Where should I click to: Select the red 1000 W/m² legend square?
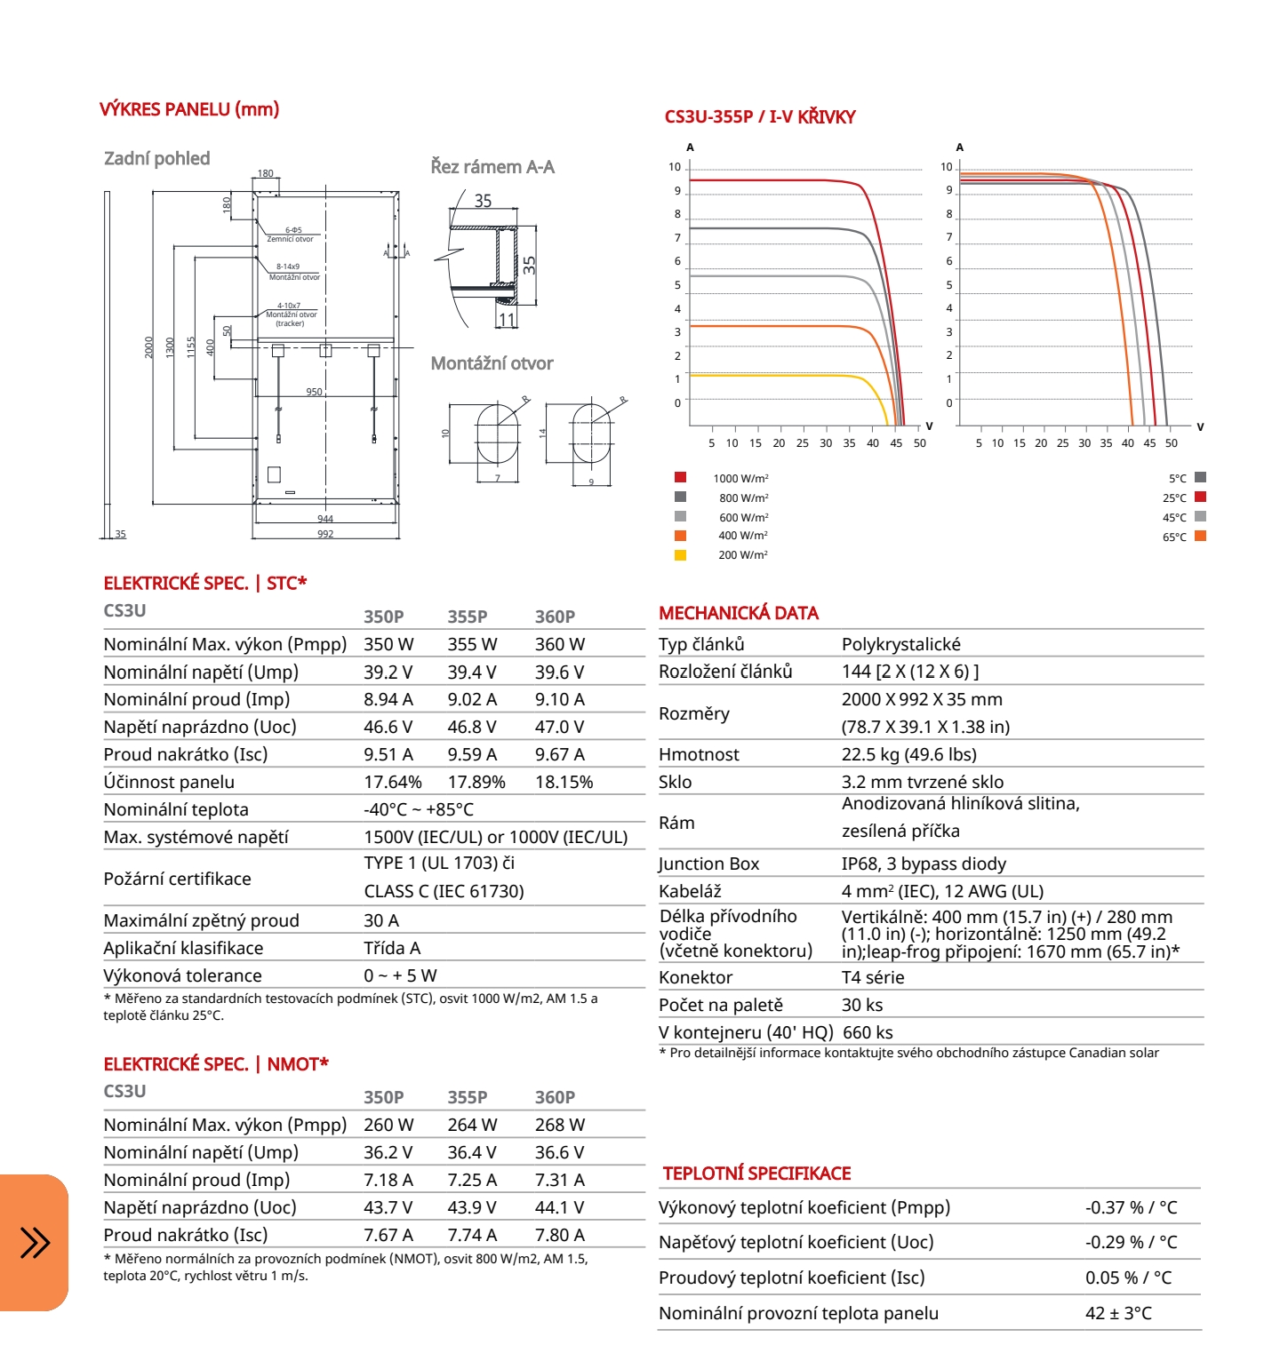point(680,477)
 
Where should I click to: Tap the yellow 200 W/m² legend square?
point(680,555)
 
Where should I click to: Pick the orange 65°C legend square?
point(1200,536)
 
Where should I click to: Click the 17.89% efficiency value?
point(476,783)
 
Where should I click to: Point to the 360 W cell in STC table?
point(559,645)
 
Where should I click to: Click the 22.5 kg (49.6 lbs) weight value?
point(908,755)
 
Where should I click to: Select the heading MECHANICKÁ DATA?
point(738,613)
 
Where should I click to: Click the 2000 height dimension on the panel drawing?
point(149,346)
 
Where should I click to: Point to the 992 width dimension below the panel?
point(325,534)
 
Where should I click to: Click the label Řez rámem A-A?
point(492,167)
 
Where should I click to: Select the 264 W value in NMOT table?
point(472,1126)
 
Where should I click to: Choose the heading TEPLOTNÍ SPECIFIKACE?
point(756,1174)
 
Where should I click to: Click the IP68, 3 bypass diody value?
point(924,864)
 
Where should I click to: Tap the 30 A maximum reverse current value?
point(381,921)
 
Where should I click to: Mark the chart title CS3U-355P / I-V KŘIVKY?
point(759,117)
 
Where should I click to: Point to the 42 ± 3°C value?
point(1118,1314)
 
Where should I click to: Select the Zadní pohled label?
point(156,159)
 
